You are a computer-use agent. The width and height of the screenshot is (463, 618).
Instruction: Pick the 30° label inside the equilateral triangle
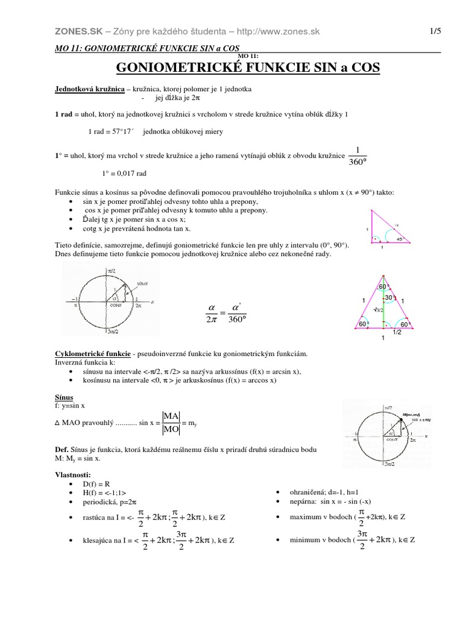(390, 298)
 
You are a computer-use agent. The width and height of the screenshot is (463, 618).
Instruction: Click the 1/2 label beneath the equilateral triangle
(397, 332)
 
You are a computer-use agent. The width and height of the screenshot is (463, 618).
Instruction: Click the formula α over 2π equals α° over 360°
(227, 312)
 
